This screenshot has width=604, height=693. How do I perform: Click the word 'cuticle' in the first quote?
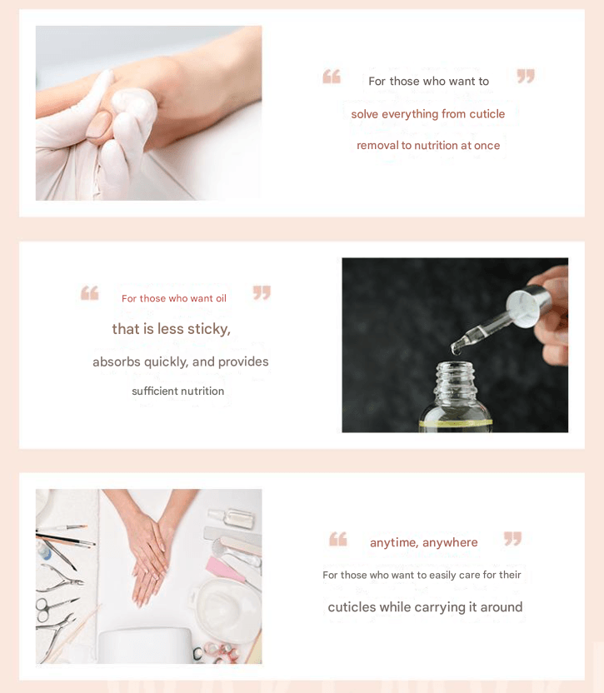tap(487, 114)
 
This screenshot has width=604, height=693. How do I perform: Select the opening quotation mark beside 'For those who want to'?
tap(332, 77)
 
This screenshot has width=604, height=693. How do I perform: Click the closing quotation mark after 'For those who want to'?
tap(526, 76)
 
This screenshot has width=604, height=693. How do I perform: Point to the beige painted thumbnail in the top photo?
tap(98, 125)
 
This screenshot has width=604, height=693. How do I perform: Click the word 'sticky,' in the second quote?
tap(209, 329)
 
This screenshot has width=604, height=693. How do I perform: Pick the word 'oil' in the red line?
tap(221, 299)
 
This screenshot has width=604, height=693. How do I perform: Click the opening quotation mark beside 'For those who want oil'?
tap(90, 293)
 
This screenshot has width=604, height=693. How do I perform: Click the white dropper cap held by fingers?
tap(528, 307)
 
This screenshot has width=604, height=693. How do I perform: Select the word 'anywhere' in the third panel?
tap(450, 542)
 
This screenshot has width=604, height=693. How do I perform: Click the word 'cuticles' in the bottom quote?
tap(352, 607)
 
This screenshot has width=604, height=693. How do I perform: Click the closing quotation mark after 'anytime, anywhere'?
tap(513, 538)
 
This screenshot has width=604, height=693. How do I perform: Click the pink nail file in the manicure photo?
tap(226, 570)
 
